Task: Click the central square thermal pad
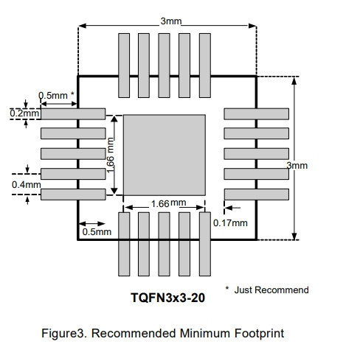click(165, 155)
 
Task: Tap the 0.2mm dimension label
click(24, 113)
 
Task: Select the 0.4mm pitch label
click(27, 185)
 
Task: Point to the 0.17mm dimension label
click(230, 223)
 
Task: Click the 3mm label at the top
click(171, 21)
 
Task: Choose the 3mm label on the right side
click(297, 165)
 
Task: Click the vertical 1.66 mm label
click(110, 155)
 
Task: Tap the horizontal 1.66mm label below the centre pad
click(168, 203)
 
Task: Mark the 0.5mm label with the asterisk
click(56, 95)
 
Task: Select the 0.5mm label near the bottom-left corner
click(97, 231)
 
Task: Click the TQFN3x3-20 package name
click(167, 298)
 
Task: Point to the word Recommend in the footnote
click(282, 290)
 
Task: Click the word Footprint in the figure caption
click(259, 333)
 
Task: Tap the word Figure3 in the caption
click(64, 334)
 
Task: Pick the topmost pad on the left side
click(73, 114)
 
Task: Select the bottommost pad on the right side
click(257, 194)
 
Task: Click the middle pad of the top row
click(164, 66)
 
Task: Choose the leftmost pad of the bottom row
click(124, 244)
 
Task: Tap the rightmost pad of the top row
click(205, 66)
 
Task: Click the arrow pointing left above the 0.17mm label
click(232, 208)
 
